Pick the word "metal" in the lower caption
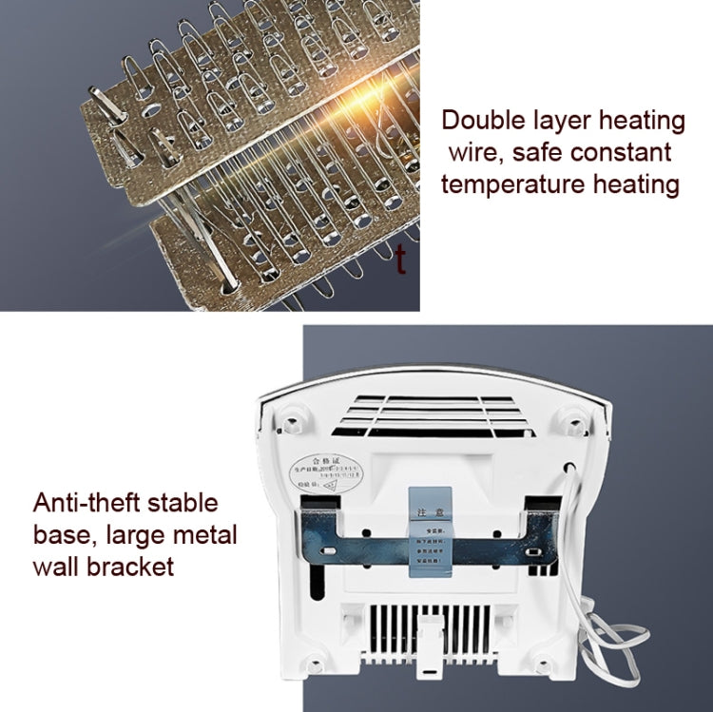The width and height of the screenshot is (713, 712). click(198, 535)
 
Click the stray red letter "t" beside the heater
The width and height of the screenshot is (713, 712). click(401, 259)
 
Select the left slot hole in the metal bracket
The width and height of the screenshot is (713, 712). click(328, 550)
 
